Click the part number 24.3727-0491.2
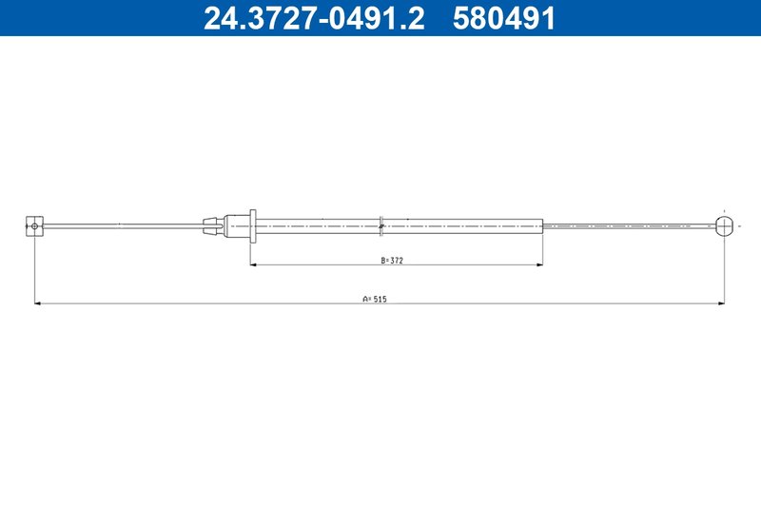[x=314, y=17]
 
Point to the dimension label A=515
[x=375, y=299]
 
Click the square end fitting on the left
[x=34, y=224]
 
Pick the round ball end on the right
[x=724, y=225]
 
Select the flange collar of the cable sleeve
[x=253, y=225]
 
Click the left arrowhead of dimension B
[x=253, y=264]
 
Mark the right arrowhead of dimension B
[x=539, y=264]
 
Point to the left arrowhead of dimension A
[x=38, y=304]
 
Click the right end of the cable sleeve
[x=540, y=225]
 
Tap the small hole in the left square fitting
[x=34, y=225]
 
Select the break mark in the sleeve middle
[x=380, y=225]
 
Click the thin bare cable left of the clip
[x=124, y=225]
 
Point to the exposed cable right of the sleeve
[x=628, y=225]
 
